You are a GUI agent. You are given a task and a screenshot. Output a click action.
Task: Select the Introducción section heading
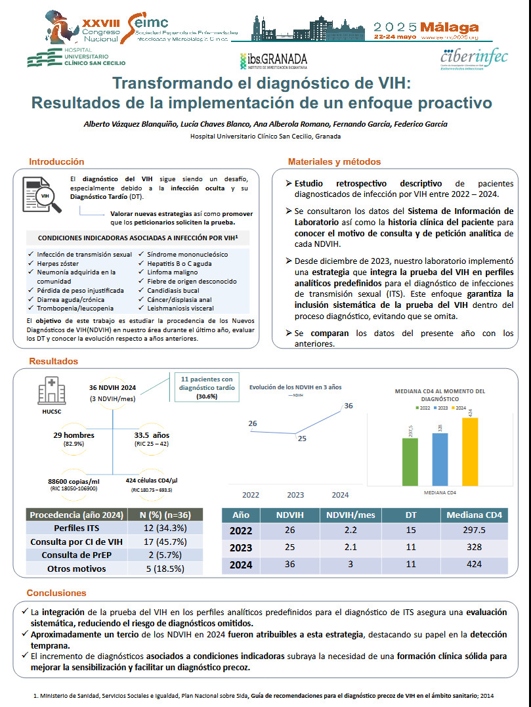point(56,161)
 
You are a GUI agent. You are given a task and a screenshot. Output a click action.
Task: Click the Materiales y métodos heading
point(334,162)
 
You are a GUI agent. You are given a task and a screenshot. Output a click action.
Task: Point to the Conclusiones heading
point(58,593)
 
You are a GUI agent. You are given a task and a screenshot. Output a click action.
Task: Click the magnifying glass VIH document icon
point(42,195)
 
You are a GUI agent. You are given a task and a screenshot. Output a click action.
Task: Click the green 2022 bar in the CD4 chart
point(410,460)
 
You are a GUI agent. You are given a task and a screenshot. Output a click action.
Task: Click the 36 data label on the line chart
point(349,406)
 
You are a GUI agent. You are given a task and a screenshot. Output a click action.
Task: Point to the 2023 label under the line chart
point(296,494)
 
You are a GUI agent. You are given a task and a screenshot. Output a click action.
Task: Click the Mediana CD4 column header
point(474,515)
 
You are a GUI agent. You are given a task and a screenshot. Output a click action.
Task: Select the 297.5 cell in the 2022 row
point(474,531)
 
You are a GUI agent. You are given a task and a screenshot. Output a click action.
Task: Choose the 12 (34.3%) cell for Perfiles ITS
point(166,528)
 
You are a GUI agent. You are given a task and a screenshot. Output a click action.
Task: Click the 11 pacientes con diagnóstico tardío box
point(207,387)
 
